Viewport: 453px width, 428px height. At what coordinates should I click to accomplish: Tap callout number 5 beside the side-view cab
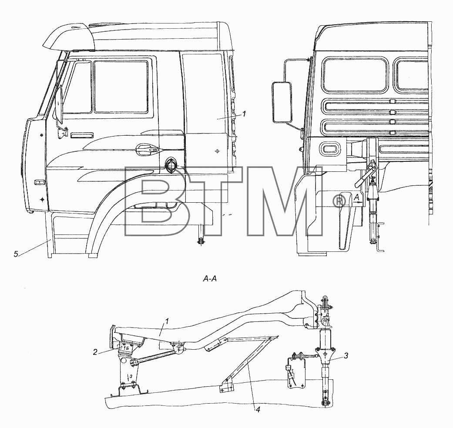pyautogui.click(x=16, y=254)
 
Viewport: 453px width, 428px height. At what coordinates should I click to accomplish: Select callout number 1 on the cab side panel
pyautogui.click(x=244, y=114)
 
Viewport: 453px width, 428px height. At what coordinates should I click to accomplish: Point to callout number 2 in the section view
pyautogui.click(x=95, y=352)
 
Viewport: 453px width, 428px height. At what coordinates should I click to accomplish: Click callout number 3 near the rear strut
pyautogui.click(x=346, y=355)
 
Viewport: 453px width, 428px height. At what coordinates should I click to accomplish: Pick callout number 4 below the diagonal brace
pyautogui.click(x=258, y=410)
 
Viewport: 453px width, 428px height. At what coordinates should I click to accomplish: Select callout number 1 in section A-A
pyautogui.click(x=168, y=321)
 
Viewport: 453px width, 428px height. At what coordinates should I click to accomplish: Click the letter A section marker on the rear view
pyautogui.click(x=356, y=197)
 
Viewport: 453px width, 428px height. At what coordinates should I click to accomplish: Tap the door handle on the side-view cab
pyautogui.click(x=147, y=148)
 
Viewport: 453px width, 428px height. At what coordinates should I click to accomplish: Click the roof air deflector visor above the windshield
pyautogui.click(x=69, y=36)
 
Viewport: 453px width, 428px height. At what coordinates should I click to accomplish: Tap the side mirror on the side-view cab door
pyautogui.click(x=59, y=104)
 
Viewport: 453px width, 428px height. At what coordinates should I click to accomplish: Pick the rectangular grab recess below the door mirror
pyautogui.click(x=82, y=135)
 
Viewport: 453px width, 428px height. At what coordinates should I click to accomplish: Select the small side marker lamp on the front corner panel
pyautogui.click(x=37, y=182)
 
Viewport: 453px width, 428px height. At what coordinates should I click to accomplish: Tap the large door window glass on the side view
pyautogui.click(x=121, y=87)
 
